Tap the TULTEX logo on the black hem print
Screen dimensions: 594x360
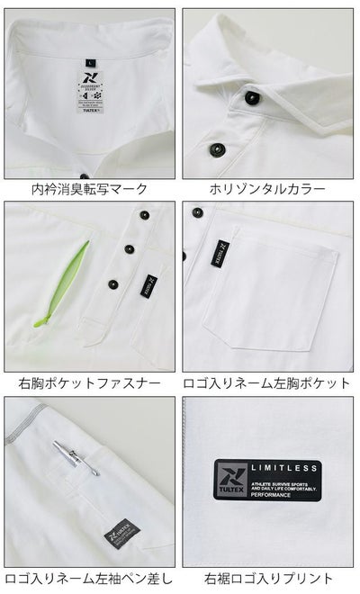pos(229,481)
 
